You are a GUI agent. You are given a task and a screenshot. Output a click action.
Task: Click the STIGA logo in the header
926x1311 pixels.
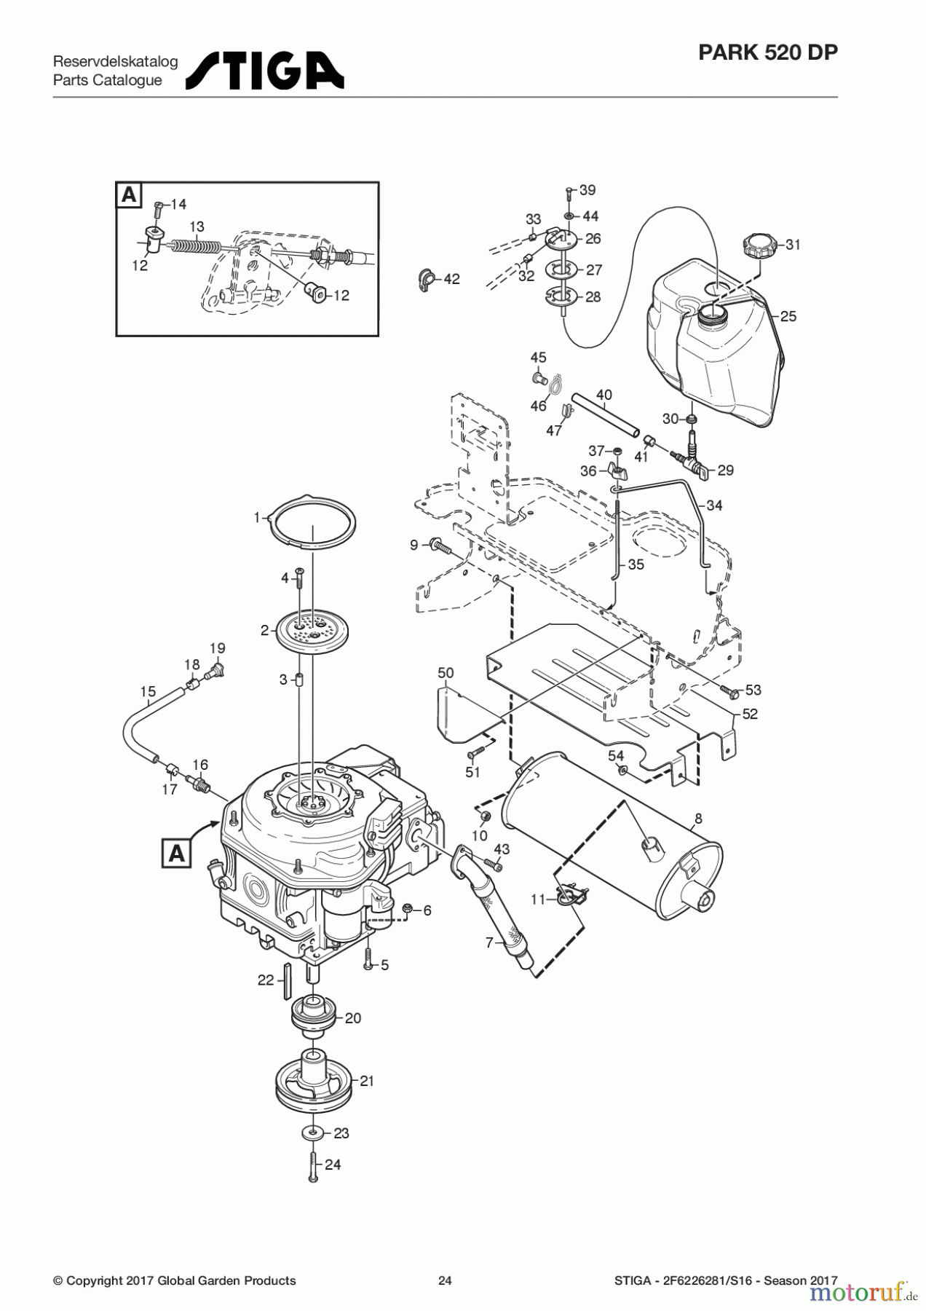[x=265, y=70]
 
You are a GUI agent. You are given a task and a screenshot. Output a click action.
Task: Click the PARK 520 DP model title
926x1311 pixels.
[x=767, y=52]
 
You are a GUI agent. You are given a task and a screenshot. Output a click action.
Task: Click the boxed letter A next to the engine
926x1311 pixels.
[x=176, y=852]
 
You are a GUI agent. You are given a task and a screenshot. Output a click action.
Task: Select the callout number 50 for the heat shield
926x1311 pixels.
[x=446, y=672]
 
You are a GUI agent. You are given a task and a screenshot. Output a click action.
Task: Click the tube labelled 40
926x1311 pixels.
[x=604, y=417]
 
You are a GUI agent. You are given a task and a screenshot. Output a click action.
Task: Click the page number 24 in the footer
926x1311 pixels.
[x=445, y=1280]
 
